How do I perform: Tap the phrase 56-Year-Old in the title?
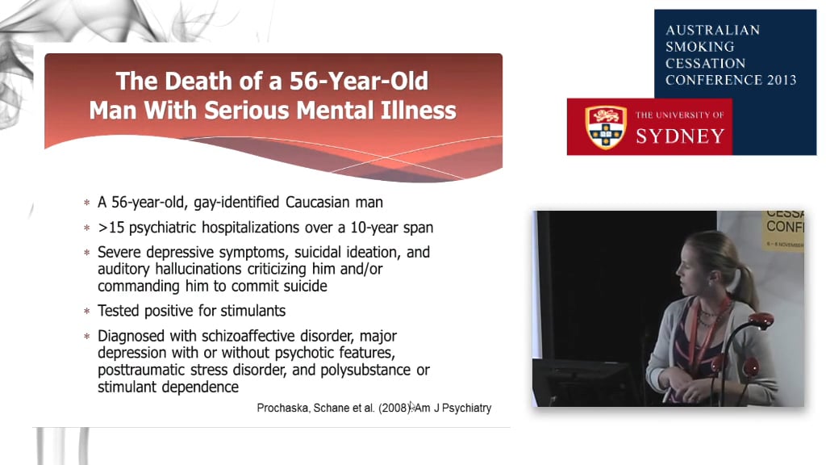tap(355, 82)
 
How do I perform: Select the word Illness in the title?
tap(415, 110)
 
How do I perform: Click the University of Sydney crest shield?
tap(606, 127)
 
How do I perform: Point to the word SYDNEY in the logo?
tap(680, 136)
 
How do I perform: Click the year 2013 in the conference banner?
tap(779, 80)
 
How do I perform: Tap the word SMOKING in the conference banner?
tap(699, 47)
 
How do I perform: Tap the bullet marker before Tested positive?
tap(87, 312)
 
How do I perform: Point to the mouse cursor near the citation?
tap(412, 407)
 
